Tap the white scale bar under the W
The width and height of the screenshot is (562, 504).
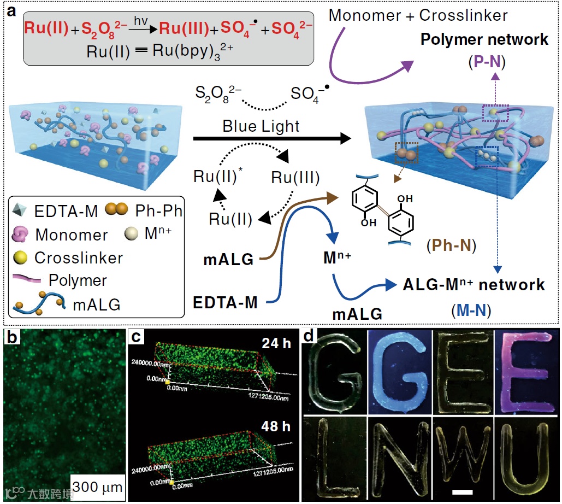click(462, 492)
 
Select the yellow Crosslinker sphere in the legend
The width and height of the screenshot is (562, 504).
click(20, 257)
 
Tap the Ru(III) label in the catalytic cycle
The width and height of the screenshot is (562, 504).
click(295, 178)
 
